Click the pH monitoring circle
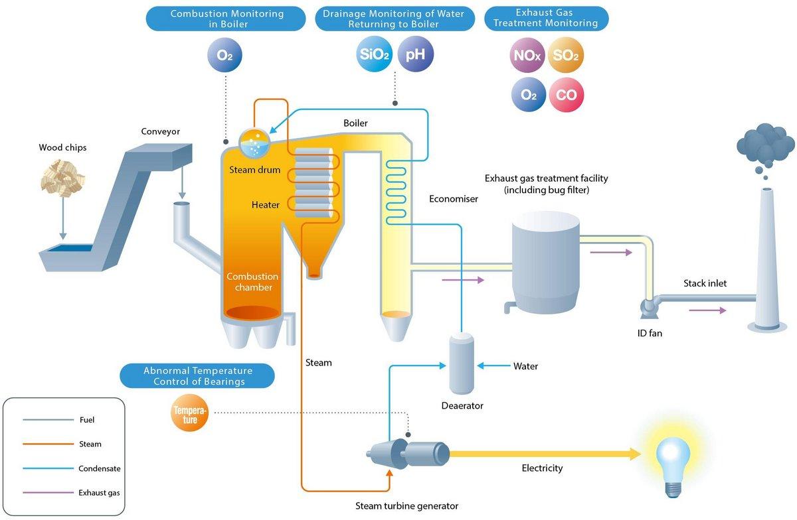point(415,54)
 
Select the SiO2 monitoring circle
point(373,54)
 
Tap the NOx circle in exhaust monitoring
point(528,57)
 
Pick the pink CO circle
point(566,95)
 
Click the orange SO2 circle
point(566,57)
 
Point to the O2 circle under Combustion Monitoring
point(225,55)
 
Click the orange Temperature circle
point(190,415)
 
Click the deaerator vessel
point(461,364)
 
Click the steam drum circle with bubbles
point(254,143)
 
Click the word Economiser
point(454,198)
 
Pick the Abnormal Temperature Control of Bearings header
point(197,375)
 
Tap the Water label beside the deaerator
point(525,366)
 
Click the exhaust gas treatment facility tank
point(546,263)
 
